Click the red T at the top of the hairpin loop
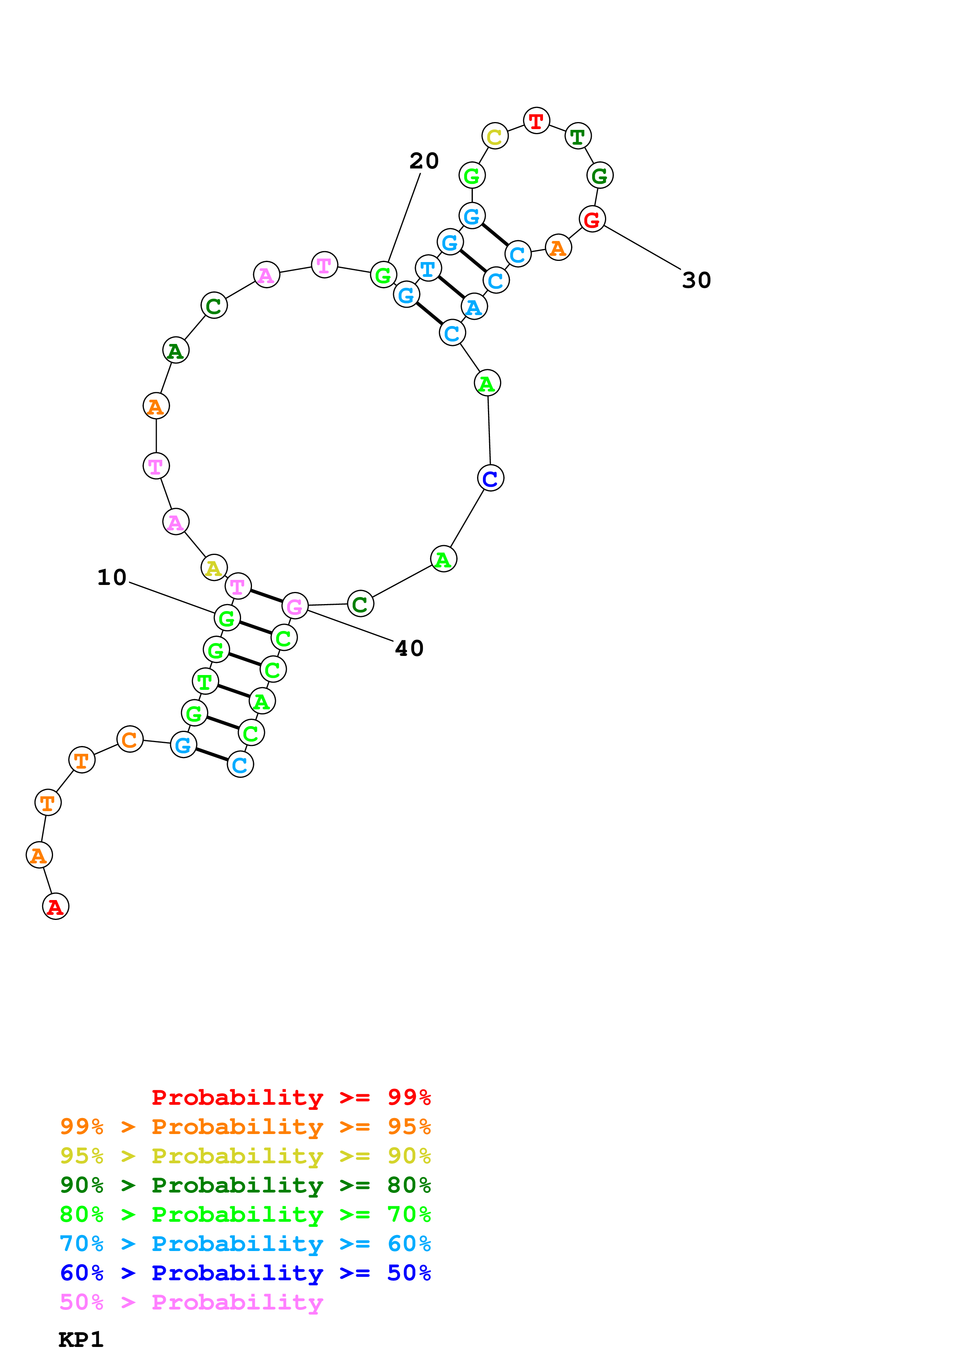(x=536, y=121)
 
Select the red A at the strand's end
(x=55, y=906)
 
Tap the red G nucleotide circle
(x=592, y=219)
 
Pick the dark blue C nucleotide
(x=490, y=478)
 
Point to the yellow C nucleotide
(x=495, y=136)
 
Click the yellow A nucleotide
(x=214, y=568)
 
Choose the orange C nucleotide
(x=130, y=739)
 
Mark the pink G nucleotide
(x=295, y=606)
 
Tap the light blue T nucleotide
(x=428, y=269)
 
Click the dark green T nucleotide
(x=577, y=136)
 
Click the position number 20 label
(x=424, y=161)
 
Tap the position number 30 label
(x=696, y=280)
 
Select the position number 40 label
(x=409, y=648)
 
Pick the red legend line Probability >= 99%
(x=291, y=1097)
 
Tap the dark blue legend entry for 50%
(x=245, y=1273)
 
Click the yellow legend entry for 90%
(x=245, y=1155)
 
